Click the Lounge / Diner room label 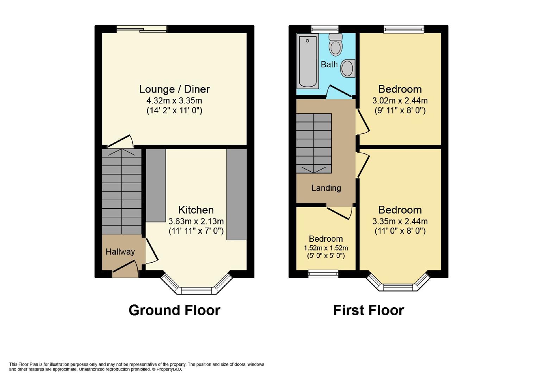click(x=174, y=89)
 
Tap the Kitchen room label click(x=196, y=210)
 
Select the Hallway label click(x=120, y=252)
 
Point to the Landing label click(x=326, y=188)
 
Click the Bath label click(x=329, y=64)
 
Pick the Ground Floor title click(x=174, y=310)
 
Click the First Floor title click(x=368, y=310)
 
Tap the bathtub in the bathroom click(x=307, y=61)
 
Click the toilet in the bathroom click(x=336, y=45)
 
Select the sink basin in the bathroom click(x=348, y=68)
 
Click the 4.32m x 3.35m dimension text click(x=174, y=101)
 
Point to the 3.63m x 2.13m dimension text click(x=196, y=221)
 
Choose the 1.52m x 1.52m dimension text click(x=326, y=248)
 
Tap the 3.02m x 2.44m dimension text click(x=400, y=101)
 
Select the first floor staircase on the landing click(x=313, y=143)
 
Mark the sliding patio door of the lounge click(x=142, y=29)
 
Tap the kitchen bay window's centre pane click(x=196, y=290)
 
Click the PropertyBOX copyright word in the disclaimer click(x=169, y=369)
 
